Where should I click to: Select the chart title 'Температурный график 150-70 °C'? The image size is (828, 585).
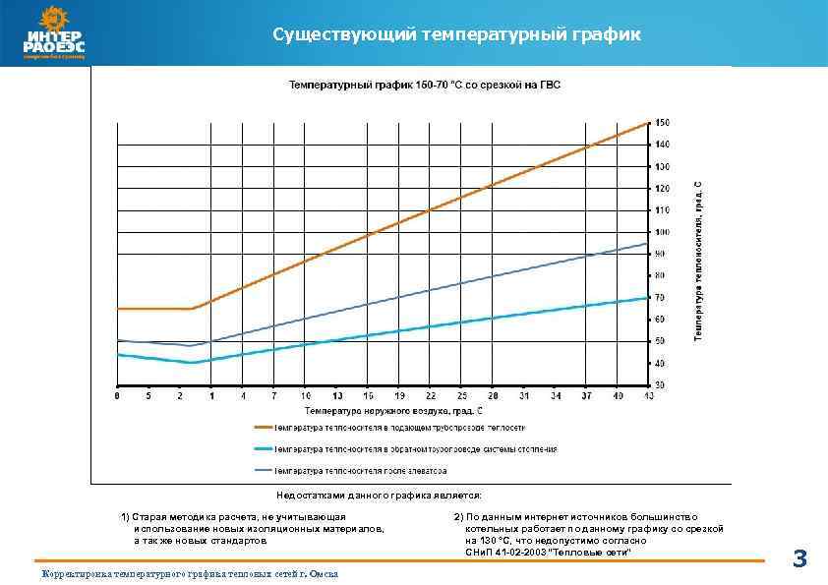(x=424, y=86)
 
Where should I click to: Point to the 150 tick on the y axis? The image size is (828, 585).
(x=663, y=123)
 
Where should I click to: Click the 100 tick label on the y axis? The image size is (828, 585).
(x=663, y=232)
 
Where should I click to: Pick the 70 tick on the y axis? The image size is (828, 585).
(x=661, y=297)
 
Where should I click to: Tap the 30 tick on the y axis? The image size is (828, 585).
(x=661, y=384)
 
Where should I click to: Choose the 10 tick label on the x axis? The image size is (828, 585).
(x=306, y=396)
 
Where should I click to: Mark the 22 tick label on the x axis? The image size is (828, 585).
(x=431, y=396)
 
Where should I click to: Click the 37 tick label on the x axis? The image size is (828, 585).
(x=587, y=396)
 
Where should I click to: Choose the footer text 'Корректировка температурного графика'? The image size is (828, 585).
(x=187, y=574)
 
